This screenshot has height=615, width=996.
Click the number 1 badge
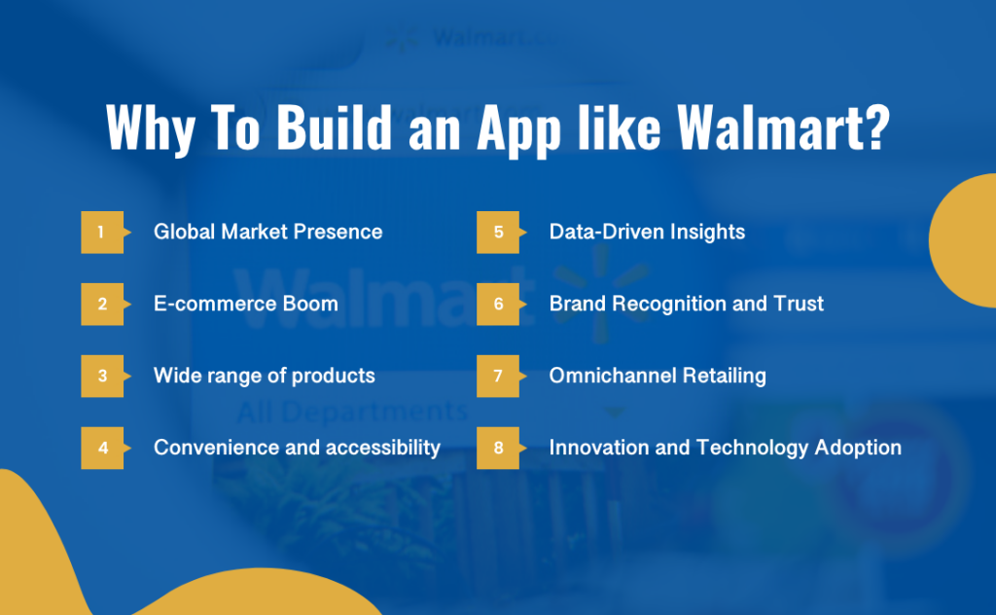pos(100,233)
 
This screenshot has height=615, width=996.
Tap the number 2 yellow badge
pos(100,305)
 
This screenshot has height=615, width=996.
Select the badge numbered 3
pos(100,376)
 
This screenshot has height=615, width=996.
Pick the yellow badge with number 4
pos(100,449)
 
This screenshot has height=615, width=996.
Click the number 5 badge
pos(496,233)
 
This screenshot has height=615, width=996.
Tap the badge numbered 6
pos(496,305)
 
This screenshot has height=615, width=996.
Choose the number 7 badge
pos(496,376)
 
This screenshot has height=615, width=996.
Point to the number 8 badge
pos(496,449)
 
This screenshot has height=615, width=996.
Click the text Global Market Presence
pos(267,233)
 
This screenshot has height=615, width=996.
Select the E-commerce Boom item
pos(245,304)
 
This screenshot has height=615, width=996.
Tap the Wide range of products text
pos(264,376)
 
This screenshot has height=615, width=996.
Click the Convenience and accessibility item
pos(297,449)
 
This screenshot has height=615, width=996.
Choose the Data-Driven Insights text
pos(647,233)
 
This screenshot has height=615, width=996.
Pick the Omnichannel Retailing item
pos(658,376)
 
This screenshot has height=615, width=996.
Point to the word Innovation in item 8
pos(596,449)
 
